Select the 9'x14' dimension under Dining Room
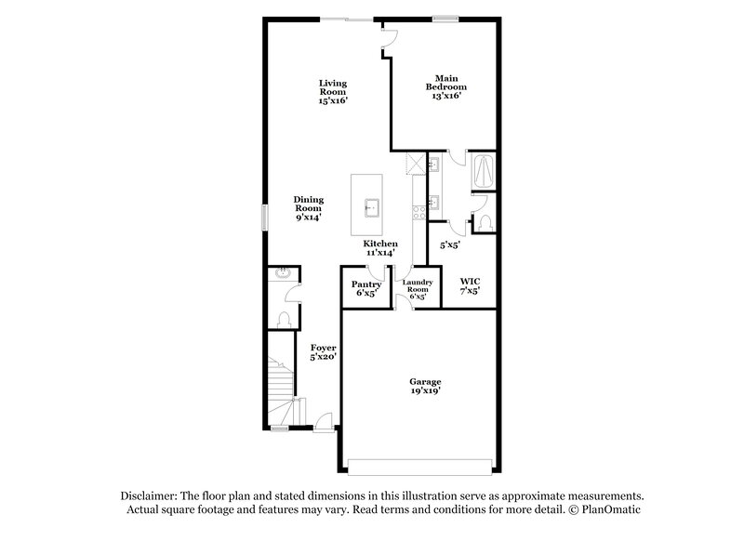309,218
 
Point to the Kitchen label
380,244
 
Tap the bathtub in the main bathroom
485,171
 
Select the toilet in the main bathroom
485,219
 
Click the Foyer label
323,348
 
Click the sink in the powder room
282,273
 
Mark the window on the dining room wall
264,217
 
